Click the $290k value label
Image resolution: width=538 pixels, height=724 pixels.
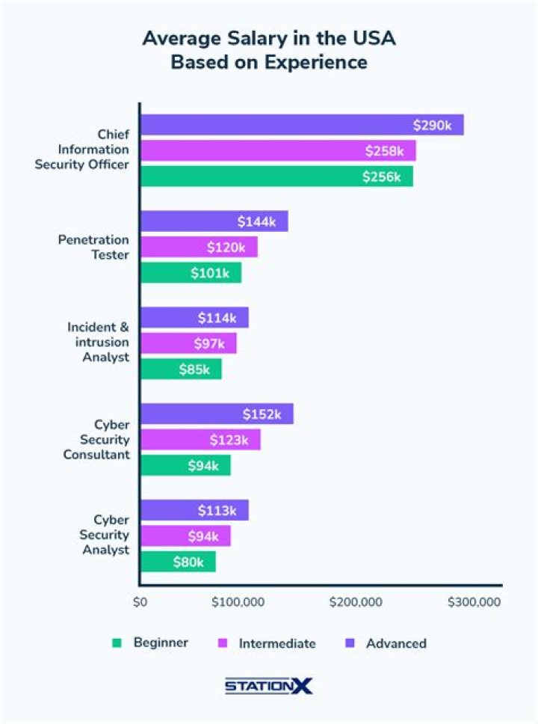pyautogui.click(x=432, y=125)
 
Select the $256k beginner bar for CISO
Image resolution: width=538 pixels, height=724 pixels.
pyautogui.click(x=276, y=177)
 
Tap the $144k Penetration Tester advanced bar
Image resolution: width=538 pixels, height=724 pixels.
pyautogui.click(x=214, y=221)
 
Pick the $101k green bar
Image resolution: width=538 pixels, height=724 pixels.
pyautogui.click(x=191, y=273)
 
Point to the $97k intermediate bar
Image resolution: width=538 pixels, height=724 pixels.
pyautogui.click(x=188, y=343)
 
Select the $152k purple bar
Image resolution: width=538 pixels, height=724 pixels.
pyautogui.click(x=217, y=414)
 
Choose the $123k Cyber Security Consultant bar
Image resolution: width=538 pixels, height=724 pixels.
pyautogui.click(x=200, y=440)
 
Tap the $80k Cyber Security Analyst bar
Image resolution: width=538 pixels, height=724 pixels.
pyautogui.click(x=178, y=562)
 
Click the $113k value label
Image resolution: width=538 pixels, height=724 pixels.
pyautogui.click(x=217, y=511)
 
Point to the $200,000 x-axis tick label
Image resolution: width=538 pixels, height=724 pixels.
pyautogui.click(x=356, y=602)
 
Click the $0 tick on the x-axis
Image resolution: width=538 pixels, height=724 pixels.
pyautogui.click(x=140, y=602)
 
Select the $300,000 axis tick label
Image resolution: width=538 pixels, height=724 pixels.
pyautogui.click(x=474, y=602)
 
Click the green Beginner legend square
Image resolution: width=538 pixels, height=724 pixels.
pyautogui.click(x=116, y=642)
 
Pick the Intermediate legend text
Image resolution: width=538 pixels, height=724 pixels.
pyautogui.click(x=277, y=643)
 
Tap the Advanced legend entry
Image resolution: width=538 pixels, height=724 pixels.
pyautogui.click(x=396, y=643)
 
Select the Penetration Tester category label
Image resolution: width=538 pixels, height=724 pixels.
pyautogui.click(x=93, y=247)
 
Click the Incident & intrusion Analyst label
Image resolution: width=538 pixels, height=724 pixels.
pyautogui.click(x=98, y=343)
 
